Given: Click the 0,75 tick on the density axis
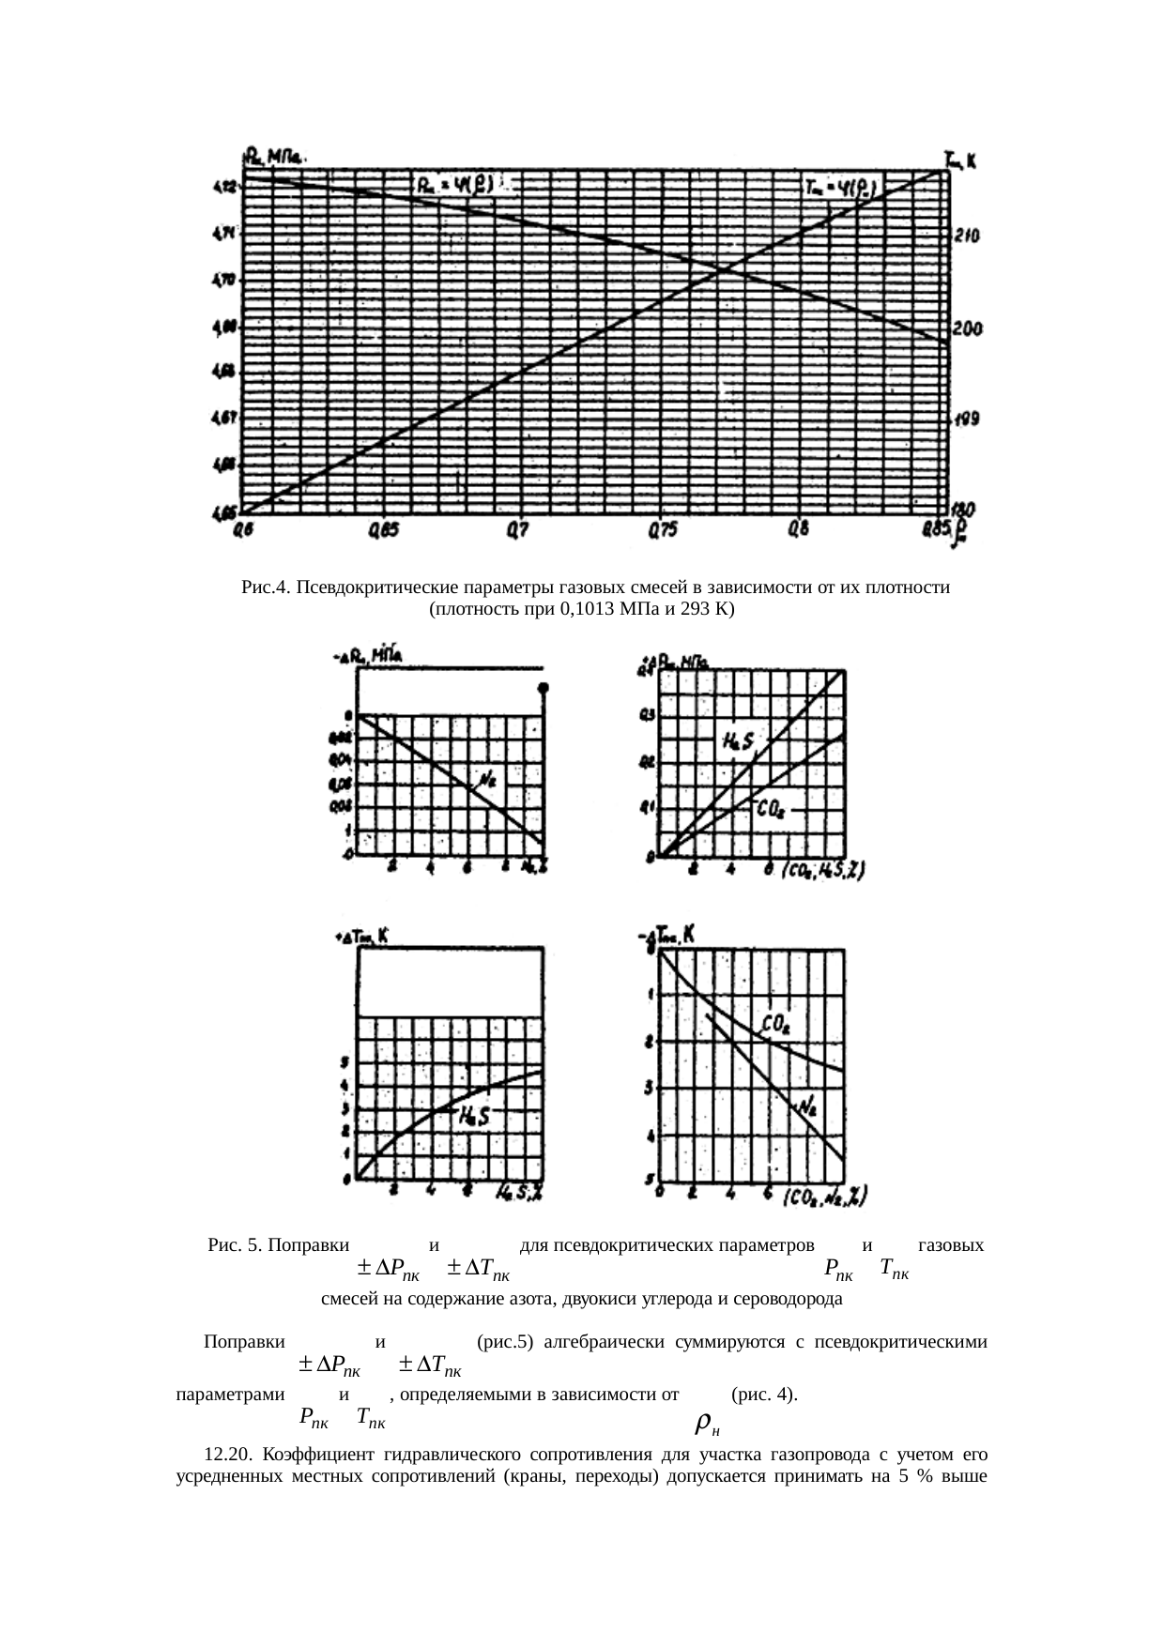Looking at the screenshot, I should click(662, 531).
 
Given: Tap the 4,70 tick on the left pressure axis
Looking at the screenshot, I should click(223, 280).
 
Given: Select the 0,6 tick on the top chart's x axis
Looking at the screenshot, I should click(243, 531).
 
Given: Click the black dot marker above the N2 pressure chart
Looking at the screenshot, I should click(543, 688).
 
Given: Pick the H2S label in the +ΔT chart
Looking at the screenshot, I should click(475, 1116).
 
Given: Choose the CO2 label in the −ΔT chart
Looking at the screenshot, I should click(776, 1025).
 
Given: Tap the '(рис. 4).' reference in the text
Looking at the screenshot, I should click(764, 1395).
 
